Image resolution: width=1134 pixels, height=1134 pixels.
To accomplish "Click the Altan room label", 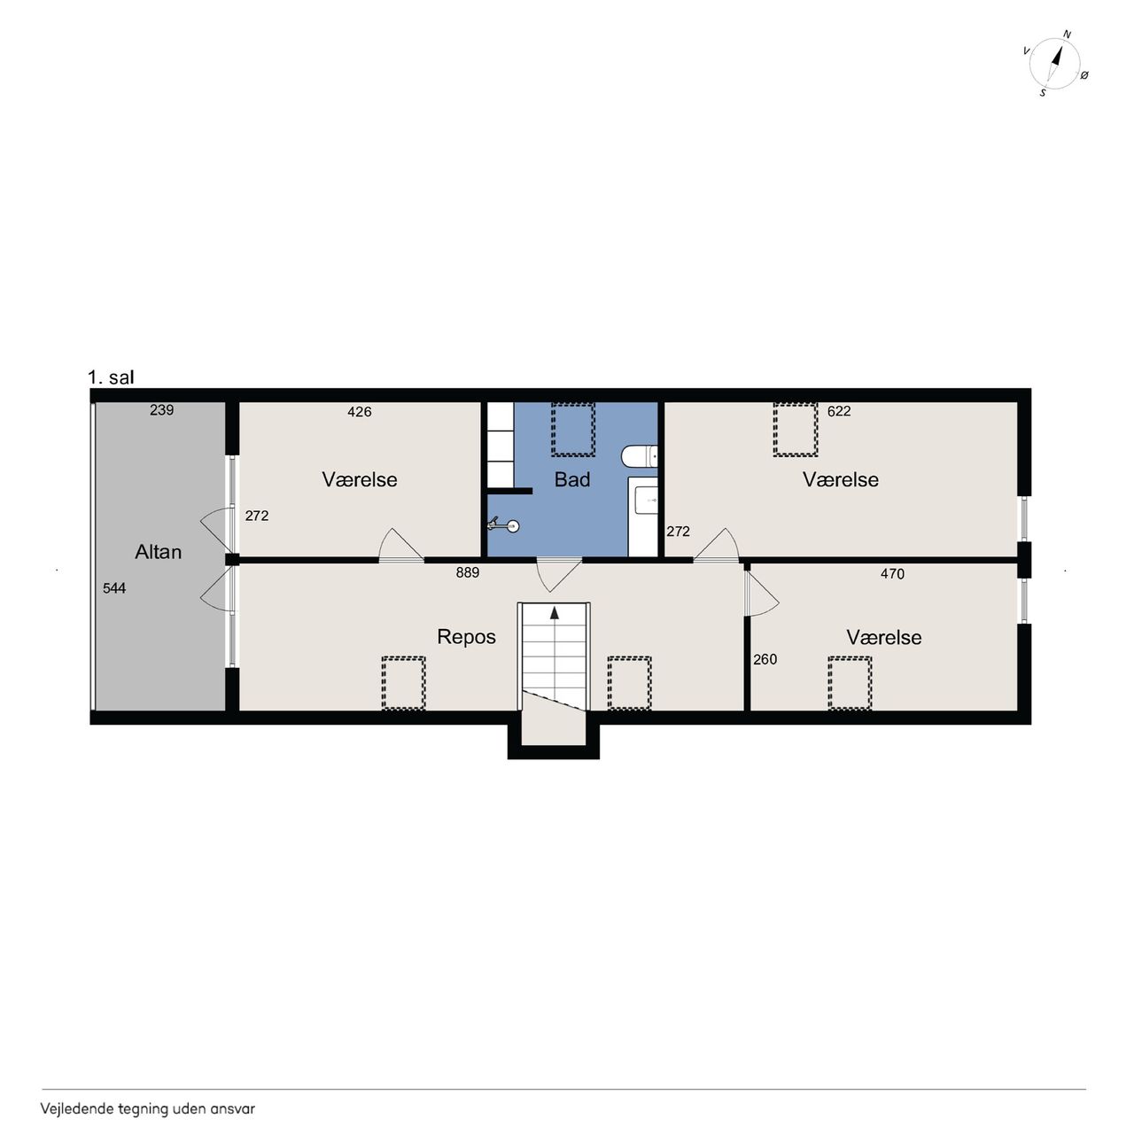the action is click(158, 552).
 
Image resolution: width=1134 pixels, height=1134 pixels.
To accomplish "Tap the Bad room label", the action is click(572, 479).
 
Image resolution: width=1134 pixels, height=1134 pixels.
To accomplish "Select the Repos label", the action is click(466, 637).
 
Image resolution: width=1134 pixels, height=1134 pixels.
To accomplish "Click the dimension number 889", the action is click(467, 572).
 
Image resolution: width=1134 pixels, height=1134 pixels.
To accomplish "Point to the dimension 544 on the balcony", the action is click(114, 588).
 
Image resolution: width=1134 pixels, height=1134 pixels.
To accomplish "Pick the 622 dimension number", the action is click(839, 411).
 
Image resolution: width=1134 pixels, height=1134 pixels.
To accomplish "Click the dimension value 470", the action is click(892, 574).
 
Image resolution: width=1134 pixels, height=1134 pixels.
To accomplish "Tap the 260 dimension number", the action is click(765, 660).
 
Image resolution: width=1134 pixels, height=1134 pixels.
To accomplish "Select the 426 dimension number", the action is click(359, 412).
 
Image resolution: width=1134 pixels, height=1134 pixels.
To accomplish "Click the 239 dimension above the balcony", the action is click(161, 410).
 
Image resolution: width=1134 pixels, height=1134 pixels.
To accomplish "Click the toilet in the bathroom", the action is click(639, 456).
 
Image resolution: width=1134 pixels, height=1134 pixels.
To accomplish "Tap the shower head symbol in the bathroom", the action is click(505, 524).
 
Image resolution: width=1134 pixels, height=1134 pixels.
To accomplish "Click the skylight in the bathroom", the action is click(573, 429).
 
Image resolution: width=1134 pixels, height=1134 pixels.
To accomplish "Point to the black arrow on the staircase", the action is click(555, 613).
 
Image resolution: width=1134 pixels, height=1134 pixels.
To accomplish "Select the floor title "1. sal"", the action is click(111, 377).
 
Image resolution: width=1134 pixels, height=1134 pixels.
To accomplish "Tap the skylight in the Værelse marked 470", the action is click(850, 683).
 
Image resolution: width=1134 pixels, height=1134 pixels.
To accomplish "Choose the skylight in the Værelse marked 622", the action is click(795, 429).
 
